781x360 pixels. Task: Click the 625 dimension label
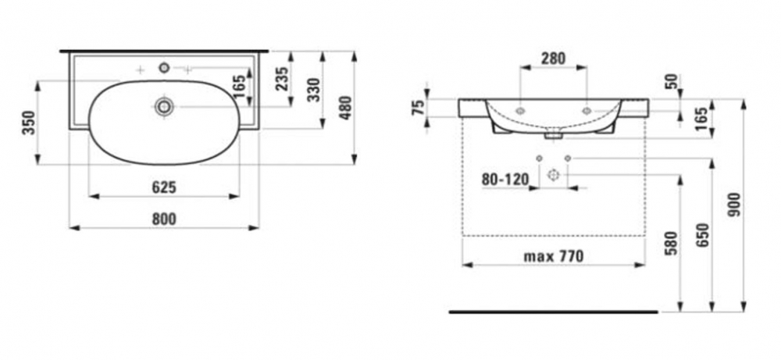click(164, 187)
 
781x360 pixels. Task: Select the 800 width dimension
click(164, 219)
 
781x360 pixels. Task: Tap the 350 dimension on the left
click(30, 123)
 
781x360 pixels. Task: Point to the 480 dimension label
click(345, 108)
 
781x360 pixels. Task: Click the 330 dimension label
click(314, 90)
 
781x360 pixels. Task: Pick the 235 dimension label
click(282, 79)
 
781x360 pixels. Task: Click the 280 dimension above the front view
click(553, 59)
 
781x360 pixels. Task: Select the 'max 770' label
click(553, 256)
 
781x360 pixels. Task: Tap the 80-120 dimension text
click(505, 180)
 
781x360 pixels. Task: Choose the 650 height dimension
click(702, 235)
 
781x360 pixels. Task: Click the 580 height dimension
click(671, 243)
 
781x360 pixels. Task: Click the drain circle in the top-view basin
click(164, 106)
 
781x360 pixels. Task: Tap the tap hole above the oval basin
click(164, 68)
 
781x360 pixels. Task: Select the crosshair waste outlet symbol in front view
click(553, 175)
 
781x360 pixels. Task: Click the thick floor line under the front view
click(553, 312)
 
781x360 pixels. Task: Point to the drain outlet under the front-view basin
click(553, 134)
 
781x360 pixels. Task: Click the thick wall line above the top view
click(164, 51)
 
